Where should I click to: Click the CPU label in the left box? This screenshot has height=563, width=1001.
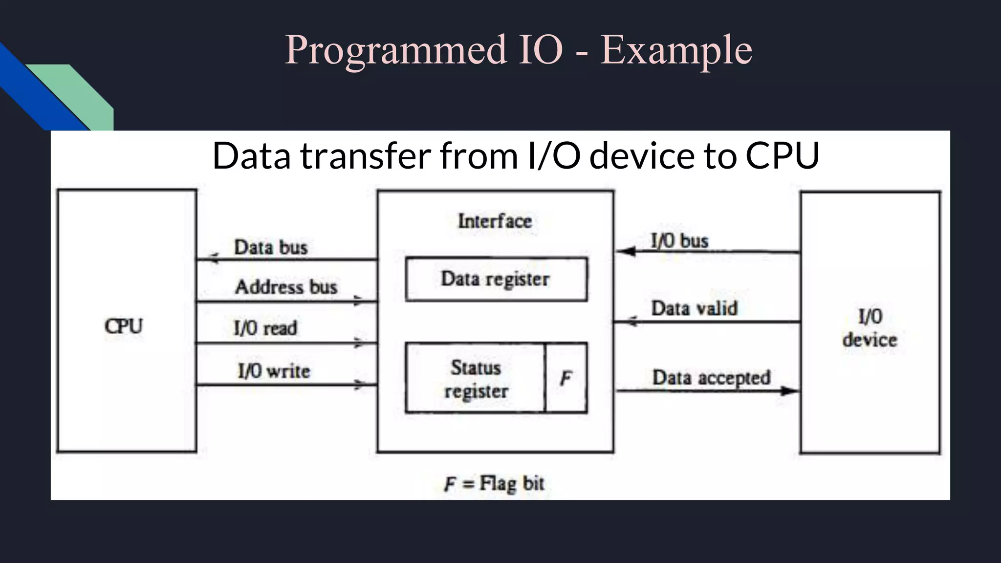pyautogui.click(x=124, y=326)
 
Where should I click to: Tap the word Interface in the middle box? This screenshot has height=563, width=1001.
pyautogui.click(x=495, y=221)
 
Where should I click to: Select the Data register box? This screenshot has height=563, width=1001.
pyautogui.click(x=496, y=279)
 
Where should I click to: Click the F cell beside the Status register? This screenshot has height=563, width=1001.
pyautogui.click(x=566, y=378)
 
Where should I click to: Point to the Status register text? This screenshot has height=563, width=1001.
pyautogui.click(x=476, y=379)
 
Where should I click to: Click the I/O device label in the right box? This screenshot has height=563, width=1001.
pyautogui.click(x=870, y=328)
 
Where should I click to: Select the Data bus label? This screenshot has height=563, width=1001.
pyautogui.click(x=271, y=247)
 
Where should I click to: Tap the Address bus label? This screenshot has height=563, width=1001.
pyautogui.click(x=286, y=287)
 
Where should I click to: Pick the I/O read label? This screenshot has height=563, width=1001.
pyautogui.click(x=265, y=328)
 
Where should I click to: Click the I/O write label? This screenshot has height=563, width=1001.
pyautogui.click(x=274, y=371)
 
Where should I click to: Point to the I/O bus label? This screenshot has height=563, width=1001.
pyautogui.click(x=679, y=241)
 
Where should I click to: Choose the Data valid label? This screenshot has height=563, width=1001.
pyautogui.click(x=694, y=308)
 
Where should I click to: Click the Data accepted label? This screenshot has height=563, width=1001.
pyautogui.click(x=711, y=378)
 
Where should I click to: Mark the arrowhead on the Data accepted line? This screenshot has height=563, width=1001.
pyautogui.click(x=789, y=390)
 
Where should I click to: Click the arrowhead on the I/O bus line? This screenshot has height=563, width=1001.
pyautogui.click(x=626, y=252)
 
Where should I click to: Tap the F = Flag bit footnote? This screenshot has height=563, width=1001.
pyautogui.click(x=494, y=483)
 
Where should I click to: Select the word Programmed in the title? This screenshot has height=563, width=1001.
pyautogui.click(x=396, y=51)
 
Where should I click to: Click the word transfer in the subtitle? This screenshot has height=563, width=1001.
pyautogui.click(x=366, y=156)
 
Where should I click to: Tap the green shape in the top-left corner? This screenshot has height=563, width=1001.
pyautogui.click(x=78, y=93)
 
